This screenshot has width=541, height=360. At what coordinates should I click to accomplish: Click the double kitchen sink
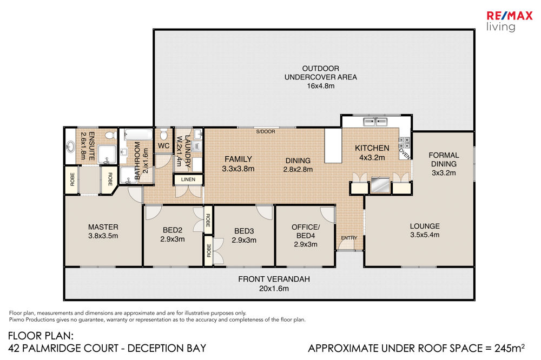tap(375, 122)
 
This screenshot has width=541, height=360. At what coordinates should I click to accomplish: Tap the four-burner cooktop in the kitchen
tap(404, 143)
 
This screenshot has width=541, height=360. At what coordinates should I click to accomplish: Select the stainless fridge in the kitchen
tap(380, 185)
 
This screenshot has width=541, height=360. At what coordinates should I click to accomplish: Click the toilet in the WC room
tap(163, 134)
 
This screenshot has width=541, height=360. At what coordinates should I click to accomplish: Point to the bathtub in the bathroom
tap(138, 134)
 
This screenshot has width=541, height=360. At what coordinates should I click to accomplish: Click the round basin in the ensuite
tap(70, 147)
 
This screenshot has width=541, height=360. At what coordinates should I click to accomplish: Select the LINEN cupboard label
tap(188, 179)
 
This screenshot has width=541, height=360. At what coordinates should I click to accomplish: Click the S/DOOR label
tap(266, 131)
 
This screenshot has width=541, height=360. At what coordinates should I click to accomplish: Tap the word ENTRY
tap(349, 238)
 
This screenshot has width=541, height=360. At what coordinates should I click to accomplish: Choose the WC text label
tap(163, 145)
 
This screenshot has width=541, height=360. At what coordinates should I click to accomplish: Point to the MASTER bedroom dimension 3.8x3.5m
tap(103, 236)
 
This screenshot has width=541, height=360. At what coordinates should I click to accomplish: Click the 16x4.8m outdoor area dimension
tap(320, 86)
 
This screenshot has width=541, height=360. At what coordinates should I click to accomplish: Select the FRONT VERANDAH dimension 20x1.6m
tap(274, 288)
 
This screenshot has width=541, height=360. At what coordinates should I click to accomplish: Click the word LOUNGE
tap(425, 226)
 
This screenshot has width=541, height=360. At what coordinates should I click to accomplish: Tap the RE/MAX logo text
tap(509, 16)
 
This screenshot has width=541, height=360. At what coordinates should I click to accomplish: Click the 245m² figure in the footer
tap(509, 348)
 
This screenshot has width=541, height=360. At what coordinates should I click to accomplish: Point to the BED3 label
tap(244, 231)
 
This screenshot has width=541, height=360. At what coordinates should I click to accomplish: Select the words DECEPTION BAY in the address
tap(167, 348)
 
